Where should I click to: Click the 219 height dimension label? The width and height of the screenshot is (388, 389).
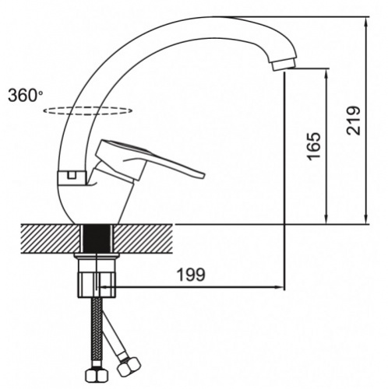click(354, 121)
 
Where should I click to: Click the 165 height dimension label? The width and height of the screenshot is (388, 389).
click(313, 146)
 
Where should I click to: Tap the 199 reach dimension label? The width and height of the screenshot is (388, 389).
click(191, 275)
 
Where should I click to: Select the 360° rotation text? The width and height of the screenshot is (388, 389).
click(25, 95)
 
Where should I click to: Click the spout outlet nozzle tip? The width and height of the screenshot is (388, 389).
click(284, 64)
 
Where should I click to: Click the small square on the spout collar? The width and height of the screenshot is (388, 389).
click(71, 175)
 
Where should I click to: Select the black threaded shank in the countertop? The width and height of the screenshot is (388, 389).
click(97, 239)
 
